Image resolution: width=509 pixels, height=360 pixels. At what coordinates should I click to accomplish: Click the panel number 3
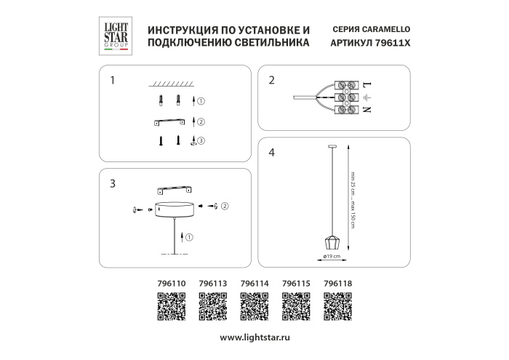pyautogui.click(x=111, y=183)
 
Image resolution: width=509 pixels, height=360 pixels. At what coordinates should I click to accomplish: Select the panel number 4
pyautogui.click(x=271, y=153)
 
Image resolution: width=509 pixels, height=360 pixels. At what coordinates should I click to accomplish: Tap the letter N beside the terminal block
pyautogui.click(x=366, y=110)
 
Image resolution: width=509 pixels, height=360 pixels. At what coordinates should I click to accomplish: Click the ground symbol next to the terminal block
pyautogui.click(x=366, y=97)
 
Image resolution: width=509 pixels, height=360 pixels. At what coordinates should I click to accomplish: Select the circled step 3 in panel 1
pyautogui.click(x=202, y=140)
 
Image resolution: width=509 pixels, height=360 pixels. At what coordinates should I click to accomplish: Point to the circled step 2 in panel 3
pyautogui.click(x=225, y=207)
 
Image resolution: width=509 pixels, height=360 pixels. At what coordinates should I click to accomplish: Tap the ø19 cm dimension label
pyautogui.click(x=332, y=257)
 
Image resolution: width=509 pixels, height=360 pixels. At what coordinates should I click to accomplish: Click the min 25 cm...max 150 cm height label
pyautogui.click(x=353, y=199)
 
